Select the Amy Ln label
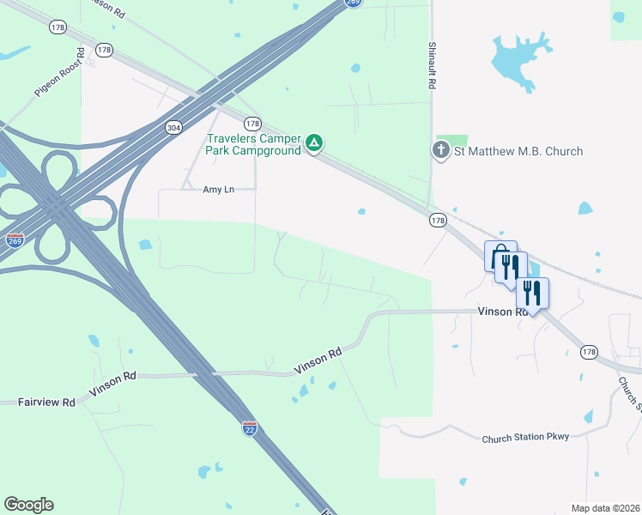click(x=218, y=190)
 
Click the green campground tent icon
click(x=315, y=142)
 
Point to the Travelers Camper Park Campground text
click(x=253, y=144)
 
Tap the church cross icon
click(x=440, y=151)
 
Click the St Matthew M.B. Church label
click(x=518, y=152)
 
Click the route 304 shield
click(x=173, y=128)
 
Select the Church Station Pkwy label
click(x=525, y=437)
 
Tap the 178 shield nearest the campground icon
click(x=252, y=124)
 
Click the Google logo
click(x=28, y=505)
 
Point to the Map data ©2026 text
click(x=605, y=508)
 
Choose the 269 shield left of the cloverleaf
click(x=14, y=241)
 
